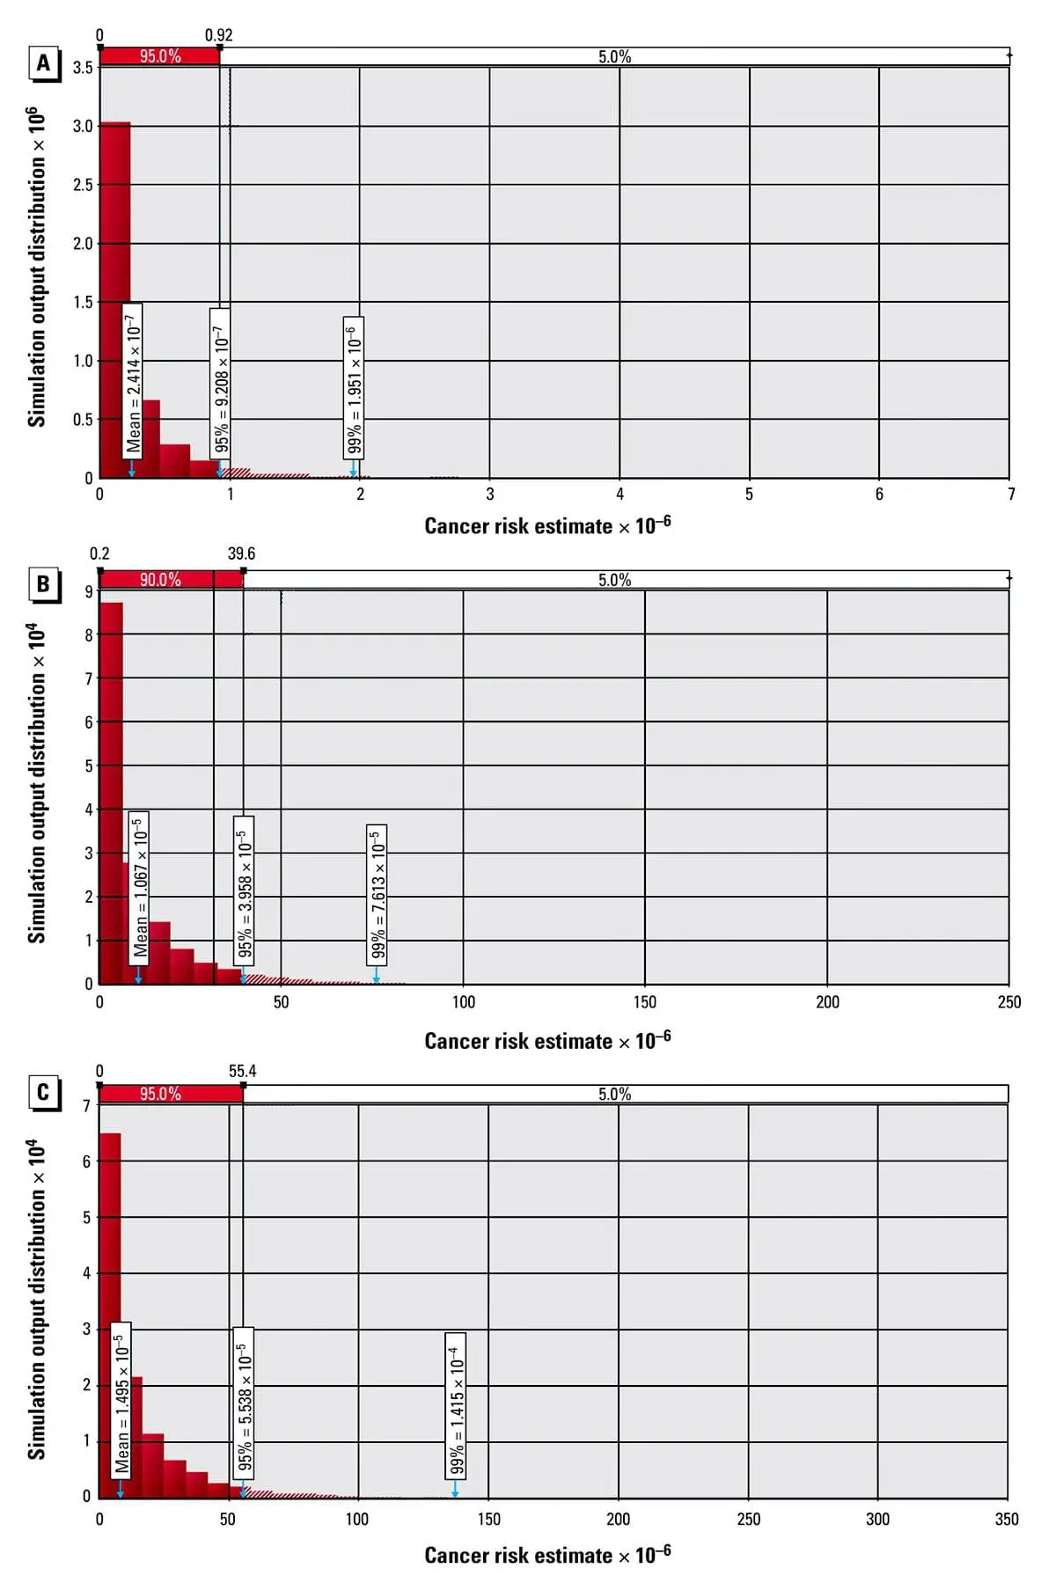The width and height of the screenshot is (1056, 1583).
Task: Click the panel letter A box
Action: point(43,63)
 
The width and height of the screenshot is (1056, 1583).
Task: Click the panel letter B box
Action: point(43,584)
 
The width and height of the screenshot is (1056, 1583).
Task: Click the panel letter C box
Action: point(43,1092)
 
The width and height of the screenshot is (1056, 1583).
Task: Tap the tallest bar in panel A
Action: point(115,299)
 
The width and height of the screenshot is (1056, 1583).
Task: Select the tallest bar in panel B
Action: point(111,792)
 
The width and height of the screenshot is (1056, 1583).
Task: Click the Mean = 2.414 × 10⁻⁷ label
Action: point(133,381)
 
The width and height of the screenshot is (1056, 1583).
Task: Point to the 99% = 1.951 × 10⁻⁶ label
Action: point(354,387)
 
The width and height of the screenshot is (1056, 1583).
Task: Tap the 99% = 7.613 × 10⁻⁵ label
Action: point(378,895)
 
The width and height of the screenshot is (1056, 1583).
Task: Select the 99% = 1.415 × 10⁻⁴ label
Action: point(457,1405)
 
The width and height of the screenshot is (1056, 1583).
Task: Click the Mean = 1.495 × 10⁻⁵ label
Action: point(121,1399)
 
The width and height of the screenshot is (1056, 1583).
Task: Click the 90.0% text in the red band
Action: point(160,579)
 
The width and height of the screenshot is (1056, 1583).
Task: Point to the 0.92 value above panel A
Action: point(219,35)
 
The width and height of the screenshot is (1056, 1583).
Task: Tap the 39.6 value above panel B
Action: point(241,553)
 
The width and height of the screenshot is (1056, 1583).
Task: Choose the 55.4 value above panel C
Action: point(242,1071)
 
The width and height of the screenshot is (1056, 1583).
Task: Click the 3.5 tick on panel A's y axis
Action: point(83,68)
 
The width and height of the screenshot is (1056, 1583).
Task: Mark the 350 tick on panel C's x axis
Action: point(1007,1519)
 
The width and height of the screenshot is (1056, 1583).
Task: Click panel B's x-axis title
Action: point(547,1040)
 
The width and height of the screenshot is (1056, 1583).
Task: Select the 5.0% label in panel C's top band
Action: point(614,1094)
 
